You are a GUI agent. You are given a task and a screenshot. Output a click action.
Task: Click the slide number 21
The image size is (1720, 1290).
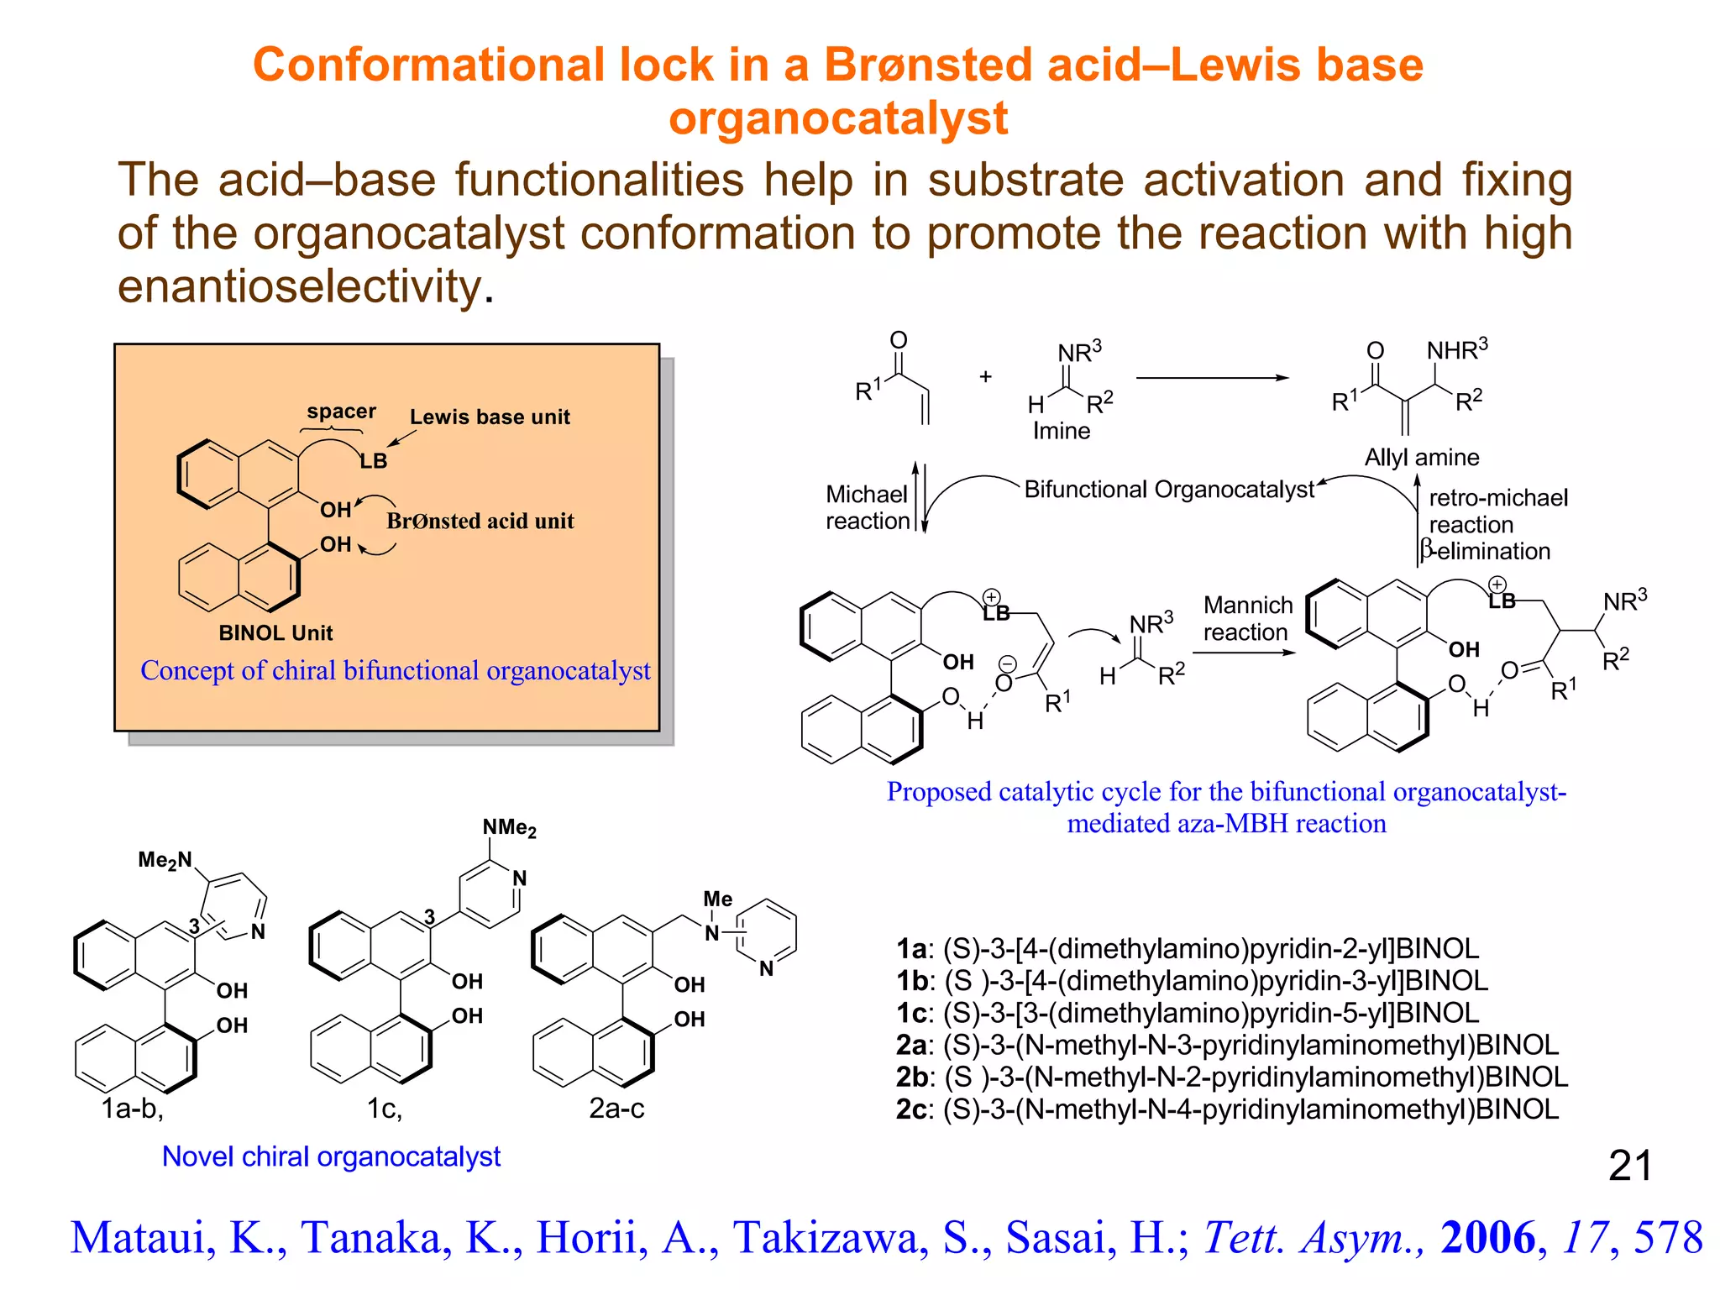pos(1629,1166)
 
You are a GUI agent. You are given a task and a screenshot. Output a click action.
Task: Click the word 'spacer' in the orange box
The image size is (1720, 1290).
pos(341,412)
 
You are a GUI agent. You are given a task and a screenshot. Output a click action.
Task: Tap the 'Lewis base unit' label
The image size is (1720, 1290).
pos(490,417)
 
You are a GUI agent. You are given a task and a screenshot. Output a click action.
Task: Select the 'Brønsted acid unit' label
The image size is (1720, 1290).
pos(480,521)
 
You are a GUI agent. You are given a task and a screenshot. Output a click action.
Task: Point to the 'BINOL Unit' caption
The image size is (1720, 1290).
pos(275,632)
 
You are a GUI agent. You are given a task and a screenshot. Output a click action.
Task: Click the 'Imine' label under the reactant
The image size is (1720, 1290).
pos(1061,431)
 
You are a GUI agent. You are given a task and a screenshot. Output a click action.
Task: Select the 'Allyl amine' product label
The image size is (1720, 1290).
pos(1421,457)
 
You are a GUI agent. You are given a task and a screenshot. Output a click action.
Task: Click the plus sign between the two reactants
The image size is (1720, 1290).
pos(986,377)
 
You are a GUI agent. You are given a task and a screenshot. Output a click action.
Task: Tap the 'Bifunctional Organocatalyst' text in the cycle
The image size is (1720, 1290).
pos(1168,489)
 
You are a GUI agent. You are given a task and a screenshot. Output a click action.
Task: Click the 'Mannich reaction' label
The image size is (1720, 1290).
pos(1247,618)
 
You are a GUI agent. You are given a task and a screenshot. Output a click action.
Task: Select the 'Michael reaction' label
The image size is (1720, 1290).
pos(867,507)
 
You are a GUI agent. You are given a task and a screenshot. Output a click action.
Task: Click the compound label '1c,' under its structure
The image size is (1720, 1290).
pos(385,1109)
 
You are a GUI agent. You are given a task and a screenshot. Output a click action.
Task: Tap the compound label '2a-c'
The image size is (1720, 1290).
pos(616,1109)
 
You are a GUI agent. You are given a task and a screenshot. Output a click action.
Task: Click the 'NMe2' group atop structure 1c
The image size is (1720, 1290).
pos(509,828)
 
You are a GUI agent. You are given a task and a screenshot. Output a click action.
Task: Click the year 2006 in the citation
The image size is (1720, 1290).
pos(1487,1237)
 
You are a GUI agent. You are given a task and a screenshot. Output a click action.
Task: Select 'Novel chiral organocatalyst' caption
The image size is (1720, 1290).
pos(331,1156)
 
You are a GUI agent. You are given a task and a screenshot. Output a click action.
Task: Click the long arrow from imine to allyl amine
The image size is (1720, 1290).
pos(1211,378)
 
